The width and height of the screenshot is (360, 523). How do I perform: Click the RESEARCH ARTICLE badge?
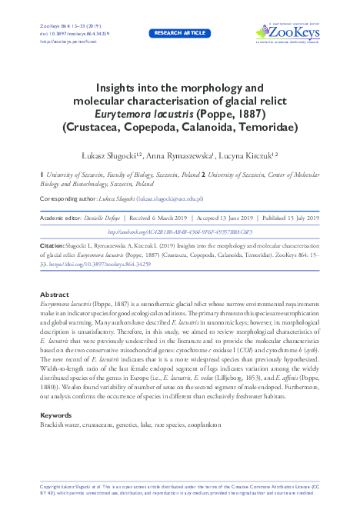[179, 34]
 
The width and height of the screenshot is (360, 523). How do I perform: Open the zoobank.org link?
[179, 232]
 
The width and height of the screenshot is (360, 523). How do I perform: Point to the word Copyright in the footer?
[50, 487]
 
